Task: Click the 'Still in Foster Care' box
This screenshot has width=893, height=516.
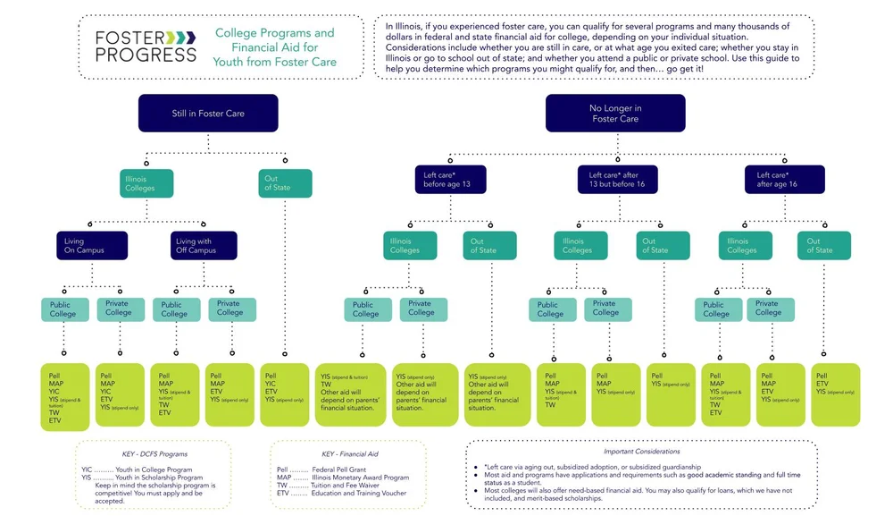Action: (207, 114)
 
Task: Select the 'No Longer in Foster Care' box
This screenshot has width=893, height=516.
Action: (615, 114)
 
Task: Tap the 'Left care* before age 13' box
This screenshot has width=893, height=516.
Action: (450, 179)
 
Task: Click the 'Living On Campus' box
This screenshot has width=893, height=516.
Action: (91, 245)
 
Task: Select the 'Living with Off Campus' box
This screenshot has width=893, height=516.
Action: (204, 245)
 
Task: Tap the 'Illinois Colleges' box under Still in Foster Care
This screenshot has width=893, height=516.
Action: (146, 182)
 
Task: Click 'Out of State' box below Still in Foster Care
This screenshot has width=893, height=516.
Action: (285, 182)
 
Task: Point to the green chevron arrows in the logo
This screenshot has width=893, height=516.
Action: (181, 37)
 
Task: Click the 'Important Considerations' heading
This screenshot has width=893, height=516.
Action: (641, 452)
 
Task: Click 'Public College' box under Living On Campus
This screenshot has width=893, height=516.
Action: (63, 309)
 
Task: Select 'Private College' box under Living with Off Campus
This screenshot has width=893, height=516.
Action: (230, 308)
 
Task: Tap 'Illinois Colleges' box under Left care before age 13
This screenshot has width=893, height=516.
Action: (410, 245)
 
